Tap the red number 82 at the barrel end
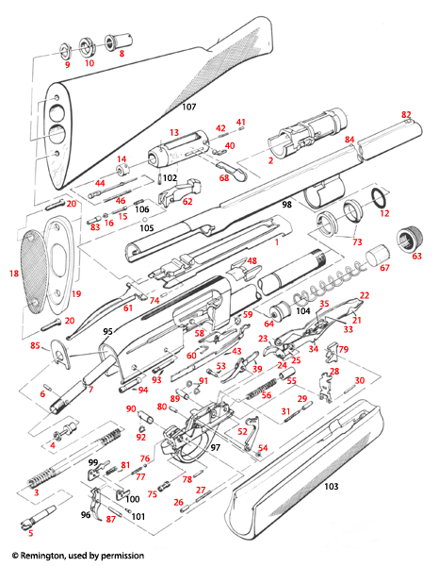coord(407,114)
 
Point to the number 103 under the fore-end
coord(331,487)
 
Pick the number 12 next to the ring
coord(384,214)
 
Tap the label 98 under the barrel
coord(287,205)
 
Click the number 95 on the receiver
coord(108,331)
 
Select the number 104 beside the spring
coord(302,310)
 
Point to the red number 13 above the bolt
coord(173,132)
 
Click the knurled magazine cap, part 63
coord(410,237)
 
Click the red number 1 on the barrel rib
coord(277,242)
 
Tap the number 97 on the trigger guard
coord(216,446)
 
